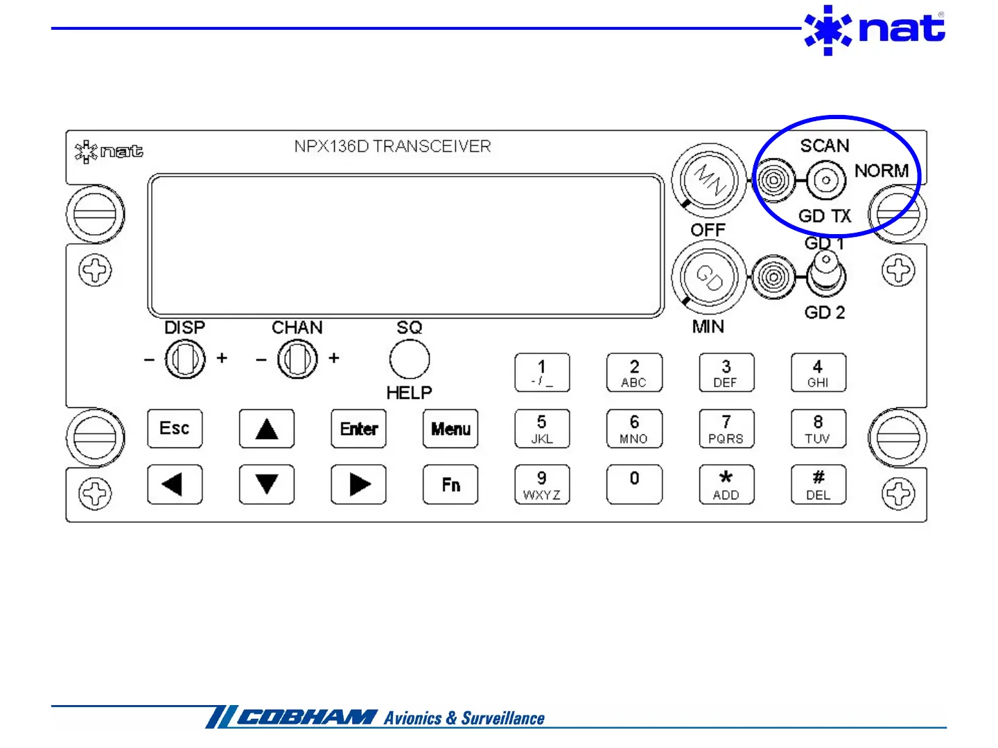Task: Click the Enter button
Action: click(x=358, y=429)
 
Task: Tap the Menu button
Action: click(x=450, y=429)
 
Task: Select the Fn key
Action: click(x=450, y=485)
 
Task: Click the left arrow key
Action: click(x=175, y=485)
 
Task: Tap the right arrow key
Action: click(x=358, y=485)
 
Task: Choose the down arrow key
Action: click(x=267, y=485)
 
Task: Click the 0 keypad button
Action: click(x=634, y=485)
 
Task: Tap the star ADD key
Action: click(x=726, y=485)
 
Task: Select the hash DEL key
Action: click(x=818, y=485)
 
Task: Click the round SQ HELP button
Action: click(x=410, y=359)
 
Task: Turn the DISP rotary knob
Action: click(x=185, y=359)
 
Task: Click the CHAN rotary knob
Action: click(x=297, y=359)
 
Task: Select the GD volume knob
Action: click(x=709, y=278)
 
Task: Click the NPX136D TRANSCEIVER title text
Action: click(x=392, y=146)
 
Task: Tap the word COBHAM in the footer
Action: click(x=307, y=718)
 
